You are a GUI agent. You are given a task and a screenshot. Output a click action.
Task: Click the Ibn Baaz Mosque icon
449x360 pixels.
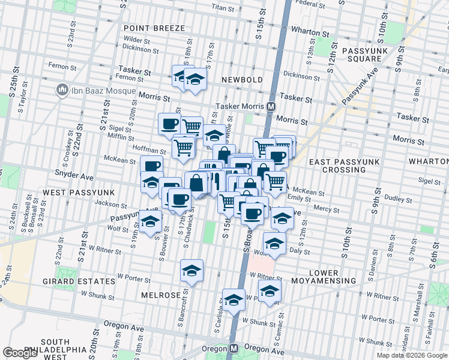61,91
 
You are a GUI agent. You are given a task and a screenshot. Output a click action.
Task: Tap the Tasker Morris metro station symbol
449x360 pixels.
271,106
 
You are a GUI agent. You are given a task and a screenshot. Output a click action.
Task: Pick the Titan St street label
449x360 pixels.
222,8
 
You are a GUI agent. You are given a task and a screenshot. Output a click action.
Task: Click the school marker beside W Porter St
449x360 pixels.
191,271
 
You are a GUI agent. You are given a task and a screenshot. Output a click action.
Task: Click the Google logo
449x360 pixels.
20,353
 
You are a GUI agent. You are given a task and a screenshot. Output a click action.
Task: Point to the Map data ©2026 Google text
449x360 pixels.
411,355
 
